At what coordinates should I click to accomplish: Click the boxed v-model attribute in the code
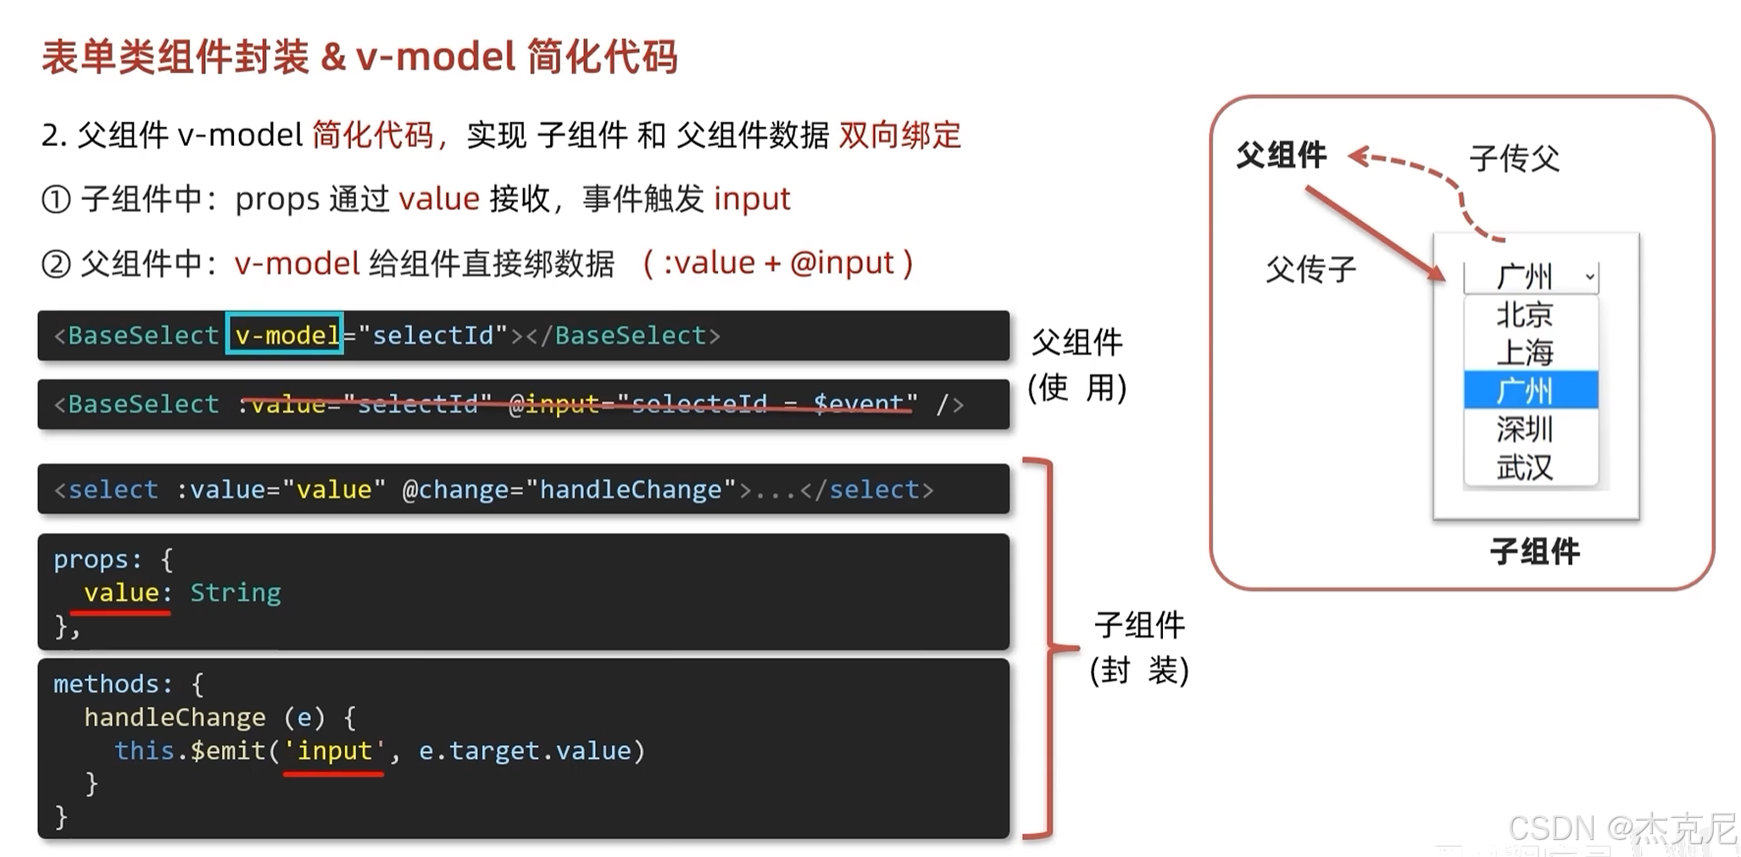[x=285, y=336]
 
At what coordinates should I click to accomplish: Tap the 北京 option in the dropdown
[x=1524, y=315]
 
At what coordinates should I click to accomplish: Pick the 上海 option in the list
[x=1524, y=353]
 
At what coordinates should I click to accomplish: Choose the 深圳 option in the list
[x=1524, y=430]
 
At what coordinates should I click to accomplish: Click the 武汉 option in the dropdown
[x=1524, y=467]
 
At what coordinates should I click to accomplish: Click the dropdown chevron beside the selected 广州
[x=1589, y=276]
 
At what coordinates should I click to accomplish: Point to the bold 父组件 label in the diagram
[x=1281, y=155]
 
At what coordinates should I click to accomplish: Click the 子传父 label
[x=1514, y=159]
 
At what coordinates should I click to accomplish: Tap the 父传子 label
[x=1310, y=270]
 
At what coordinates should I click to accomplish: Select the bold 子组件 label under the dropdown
[x=1534, y=552]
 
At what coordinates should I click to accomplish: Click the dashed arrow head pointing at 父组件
[x=1357, y=156]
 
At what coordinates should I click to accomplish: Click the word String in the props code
[x=235, y=593]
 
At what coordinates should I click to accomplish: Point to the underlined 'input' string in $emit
[x=334, y=751]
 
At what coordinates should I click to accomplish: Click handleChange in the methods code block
[x=175, y=718]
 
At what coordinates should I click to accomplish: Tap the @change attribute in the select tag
[x=453, y=490]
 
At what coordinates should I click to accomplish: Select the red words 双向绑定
[x=899, y=136]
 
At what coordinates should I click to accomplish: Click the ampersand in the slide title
[x=333, y=58]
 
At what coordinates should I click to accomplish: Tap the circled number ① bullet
[x=56, y=200]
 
